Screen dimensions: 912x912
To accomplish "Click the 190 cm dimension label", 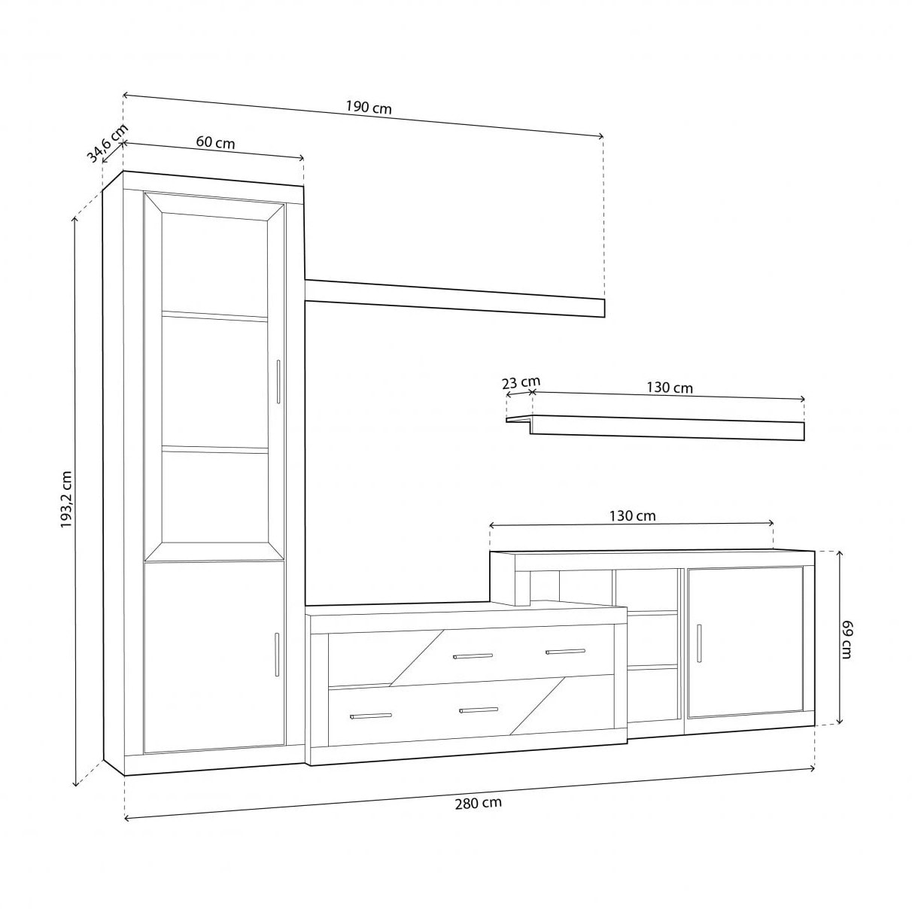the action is click(369, 108).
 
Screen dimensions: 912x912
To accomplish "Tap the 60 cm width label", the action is click(215, 142).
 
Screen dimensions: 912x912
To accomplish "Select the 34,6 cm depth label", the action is click(108, 143).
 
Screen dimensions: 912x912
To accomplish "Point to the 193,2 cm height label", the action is click(66, 500).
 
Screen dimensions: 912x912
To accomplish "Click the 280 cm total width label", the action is click(478, 803).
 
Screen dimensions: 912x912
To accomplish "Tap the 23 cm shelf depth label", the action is click(521, 382).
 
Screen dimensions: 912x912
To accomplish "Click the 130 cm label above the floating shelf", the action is click(670, 388).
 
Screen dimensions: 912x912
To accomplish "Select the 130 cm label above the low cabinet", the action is click(632, 516).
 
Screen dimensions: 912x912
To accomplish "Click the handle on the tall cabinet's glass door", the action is click(278, 382).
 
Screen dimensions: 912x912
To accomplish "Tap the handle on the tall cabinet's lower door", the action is click(277, 655).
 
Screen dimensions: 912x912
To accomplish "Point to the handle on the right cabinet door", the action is click(698, 643).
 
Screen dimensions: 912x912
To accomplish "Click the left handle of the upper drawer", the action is click(473, 656).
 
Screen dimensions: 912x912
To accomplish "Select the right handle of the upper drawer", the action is click(565, 652).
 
